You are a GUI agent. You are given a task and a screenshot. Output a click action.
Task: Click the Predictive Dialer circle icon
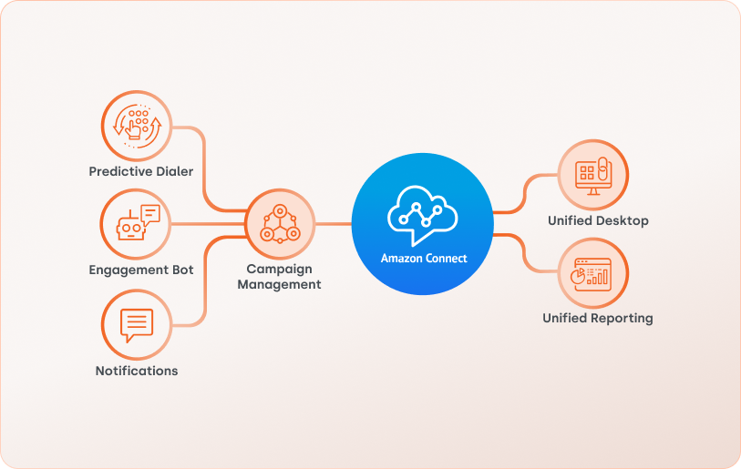coord(137,124)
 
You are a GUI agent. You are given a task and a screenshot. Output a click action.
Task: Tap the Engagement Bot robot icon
coord(137,224)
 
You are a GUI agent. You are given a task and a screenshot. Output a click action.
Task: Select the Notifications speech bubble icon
coord(137,324)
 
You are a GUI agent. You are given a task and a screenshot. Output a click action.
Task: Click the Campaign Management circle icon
coord(280,224)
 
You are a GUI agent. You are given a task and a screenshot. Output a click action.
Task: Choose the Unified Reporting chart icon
coord(593,272)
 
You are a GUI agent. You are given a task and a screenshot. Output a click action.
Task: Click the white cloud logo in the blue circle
coord(422,215)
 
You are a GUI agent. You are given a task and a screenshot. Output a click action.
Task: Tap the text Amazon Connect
coord(424,259)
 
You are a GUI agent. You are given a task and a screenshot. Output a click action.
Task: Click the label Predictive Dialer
coord(141,171)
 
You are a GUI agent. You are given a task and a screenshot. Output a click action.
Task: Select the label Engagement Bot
coord(141,270)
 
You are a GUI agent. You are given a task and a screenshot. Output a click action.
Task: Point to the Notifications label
coord(137,371)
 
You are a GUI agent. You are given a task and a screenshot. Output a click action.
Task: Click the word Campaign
coord(279,269)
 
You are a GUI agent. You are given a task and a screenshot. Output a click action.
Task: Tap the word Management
coord(279,284)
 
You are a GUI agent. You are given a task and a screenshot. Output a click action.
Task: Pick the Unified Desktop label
coord(598,220)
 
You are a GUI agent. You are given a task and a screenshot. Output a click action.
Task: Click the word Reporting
coord(622,318)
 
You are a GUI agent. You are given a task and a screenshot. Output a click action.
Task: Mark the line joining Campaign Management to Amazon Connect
coord(333,224)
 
